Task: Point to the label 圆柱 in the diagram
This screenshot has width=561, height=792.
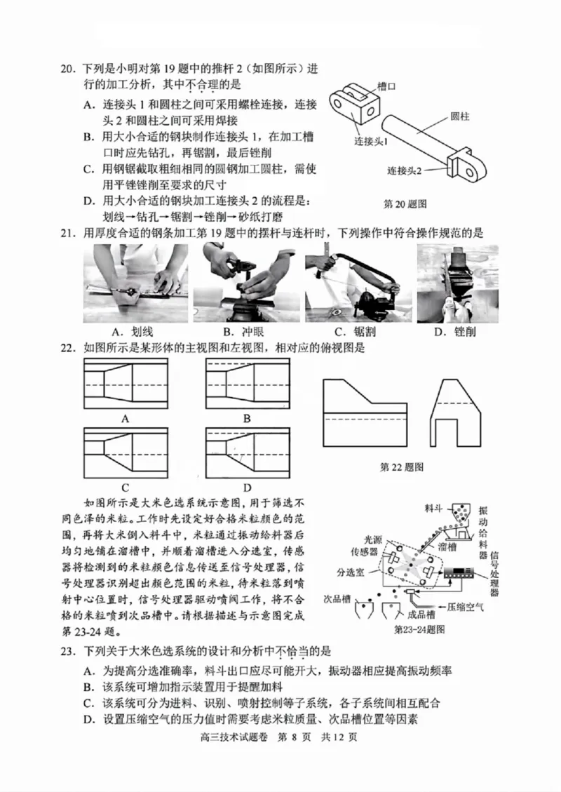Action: click(461, 117)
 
